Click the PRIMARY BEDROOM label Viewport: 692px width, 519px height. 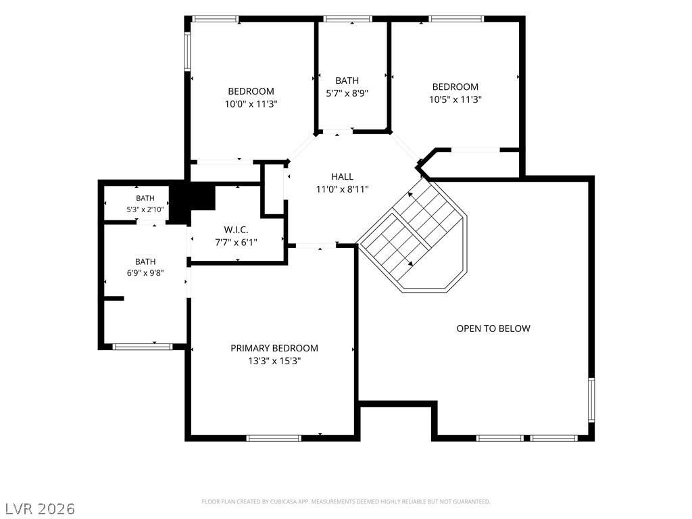[x=274, y=348]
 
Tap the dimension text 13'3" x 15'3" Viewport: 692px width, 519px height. [x=274, y=361]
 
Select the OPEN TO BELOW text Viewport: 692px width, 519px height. [x=493, y=328]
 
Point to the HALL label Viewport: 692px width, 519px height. [x=342, y=176]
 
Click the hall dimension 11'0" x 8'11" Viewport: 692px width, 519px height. [x=342, y=189]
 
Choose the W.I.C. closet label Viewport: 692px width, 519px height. [x=236, y=230]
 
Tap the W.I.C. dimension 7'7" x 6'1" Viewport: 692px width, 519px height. [x=236, y=243]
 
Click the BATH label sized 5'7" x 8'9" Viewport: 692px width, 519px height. [x=347, y=80]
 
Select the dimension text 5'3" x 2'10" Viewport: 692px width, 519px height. [x=145, y=209]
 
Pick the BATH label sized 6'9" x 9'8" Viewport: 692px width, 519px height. [x=145, y=262]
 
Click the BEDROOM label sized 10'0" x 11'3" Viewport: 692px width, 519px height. [x=251, y=91]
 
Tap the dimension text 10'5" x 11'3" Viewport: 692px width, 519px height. [x=455, y=99]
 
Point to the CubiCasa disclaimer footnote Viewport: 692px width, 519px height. [x=346, y=502]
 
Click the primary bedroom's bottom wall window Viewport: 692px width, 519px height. [x=274, y=438]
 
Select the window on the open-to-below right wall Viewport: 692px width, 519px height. [x=591, y=400]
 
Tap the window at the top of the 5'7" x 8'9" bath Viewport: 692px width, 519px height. [x=347, y=19]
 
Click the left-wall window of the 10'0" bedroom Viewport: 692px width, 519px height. [x=187, y=51]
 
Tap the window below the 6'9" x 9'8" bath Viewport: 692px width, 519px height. [x=142, y=347]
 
